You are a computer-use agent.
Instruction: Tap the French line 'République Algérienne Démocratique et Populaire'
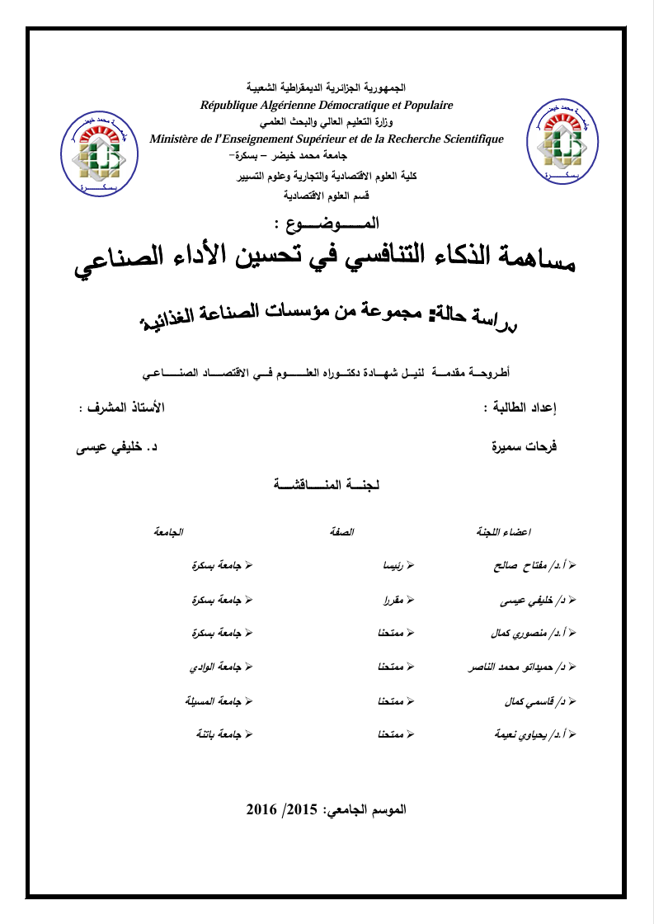[327, 105]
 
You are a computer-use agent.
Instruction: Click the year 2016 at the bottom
[264, 809]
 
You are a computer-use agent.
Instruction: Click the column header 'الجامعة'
[167, 531]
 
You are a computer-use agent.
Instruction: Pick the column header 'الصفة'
[341, 531]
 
